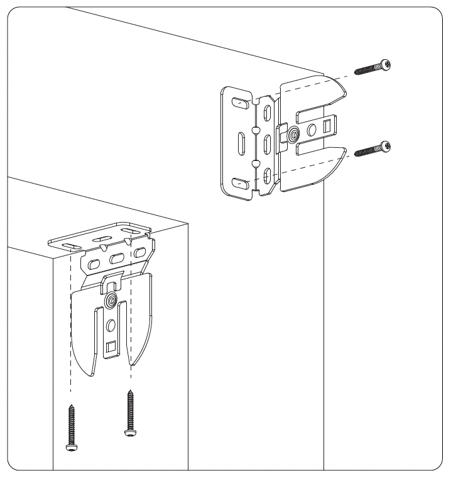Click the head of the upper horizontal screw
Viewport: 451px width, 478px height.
pos(385,65)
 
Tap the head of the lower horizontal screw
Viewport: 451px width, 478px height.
pos(385,147)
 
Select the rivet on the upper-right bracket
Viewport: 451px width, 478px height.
pos(294,133)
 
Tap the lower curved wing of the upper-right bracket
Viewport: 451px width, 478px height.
pos(314,170)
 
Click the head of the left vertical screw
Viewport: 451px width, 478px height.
pos(70,445)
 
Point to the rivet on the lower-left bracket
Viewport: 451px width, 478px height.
pos(111,301)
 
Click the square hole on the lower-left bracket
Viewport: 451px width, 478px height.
pos(111,346)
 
